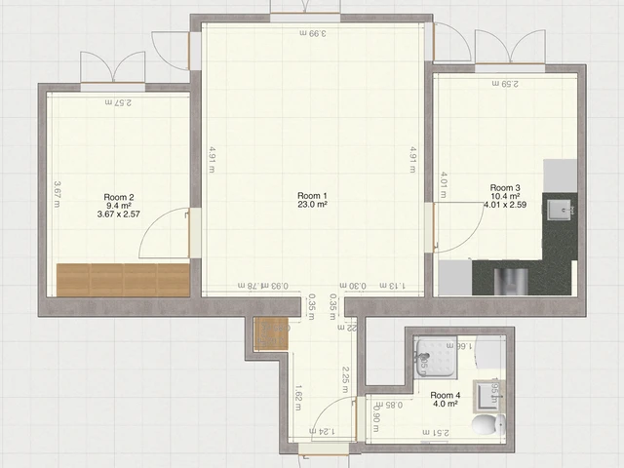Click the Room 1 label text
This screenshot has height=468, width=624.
(x=312, y=196)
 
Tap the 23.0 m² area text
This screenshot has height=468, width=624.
(x=312, y=206)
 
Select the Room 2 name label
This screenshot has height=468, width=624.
(x=118, y=197)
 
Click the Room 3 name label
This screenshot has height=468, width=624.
(x=504, y=187)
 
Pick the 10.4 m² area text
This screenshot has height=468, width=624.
(x=504, y=196)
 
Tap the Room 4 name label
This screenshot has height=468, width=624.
(x=446, y=395)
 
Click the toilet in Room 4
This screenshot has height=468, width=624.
(x=487, y=425)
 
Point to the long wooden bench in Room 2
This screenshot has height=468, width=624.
(x=123, y=279)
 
